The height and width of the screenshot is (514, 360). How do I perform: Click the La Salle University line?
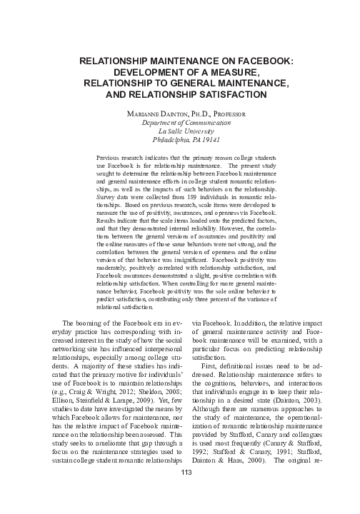[180, 131]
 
